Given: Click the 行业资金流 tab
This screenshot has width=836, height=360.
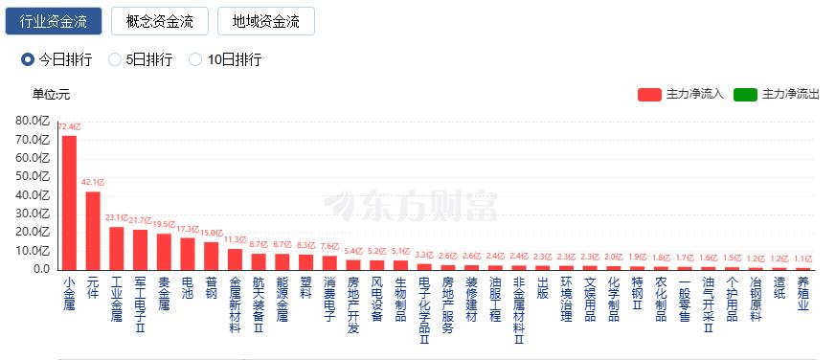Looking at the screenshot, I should click(x=53, y=21).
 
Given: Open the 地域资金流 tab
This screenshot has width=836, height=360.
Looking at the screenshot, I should click(x=266, y=21).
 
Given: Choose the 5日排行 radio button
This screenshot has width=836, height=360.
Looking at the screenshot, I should click(x=116, y=59).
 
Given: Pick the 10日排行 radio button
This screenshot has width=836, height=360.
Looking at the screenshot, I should click(x=195, y=59).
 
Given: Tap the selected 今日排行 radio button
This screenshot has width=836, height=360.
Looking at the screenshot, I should click(x=28, y=59).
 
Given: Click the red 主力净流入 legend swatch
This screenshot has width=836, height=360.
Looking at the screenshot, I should click(x=649, y=94).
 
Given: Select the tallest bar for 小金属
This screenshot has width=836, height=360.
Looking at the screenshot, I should click(x=69, y=202).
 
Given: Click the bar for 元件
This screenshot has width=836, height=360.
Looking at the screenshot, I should click(x=93, y=230).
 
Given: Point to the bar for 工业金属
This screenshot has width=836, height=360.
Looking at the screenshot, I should click(x=117, y=247).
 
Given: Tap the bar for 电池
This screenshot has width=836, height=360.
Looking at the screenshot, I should click(x=188, y=253).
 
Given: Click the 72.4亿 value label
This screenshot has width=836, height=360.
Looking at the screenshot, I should click(x=69, y=126).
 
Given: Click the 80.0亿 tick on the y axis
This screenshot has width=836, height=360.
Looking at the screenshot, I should click(x=32, y=121).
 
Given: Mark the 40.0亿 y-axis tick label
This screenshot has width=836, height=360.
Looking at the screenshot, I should click(x=32, y=194).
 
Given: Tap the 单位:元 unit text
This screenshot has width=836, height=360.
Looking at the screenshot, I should click(x=52, y=94).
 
